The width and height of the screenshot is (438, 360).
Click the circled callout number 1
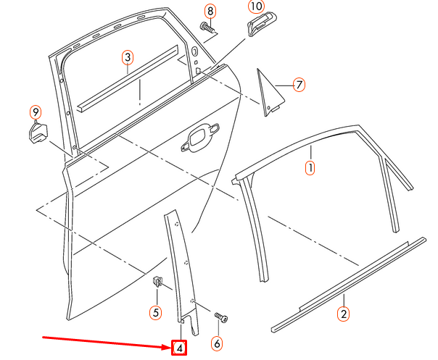[310, 169]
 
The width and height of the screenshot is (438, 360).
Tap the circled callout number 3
[127, 57]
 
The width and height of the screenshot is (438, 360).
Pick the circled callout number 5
[155, 313]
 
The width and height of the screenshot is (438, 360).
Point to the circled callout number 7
[298, 85]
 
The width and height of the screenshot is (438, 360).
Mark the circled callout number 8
[210, 11]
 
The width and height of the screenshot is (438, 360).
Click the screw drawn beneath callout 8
[209, 28]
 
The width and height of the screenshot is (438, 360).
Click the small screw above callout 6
[220, 317]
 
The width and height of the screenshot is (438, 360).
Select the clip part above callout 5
[157, 281]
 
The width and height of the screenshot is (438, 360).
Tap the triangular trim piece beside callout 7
[268, 93]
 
